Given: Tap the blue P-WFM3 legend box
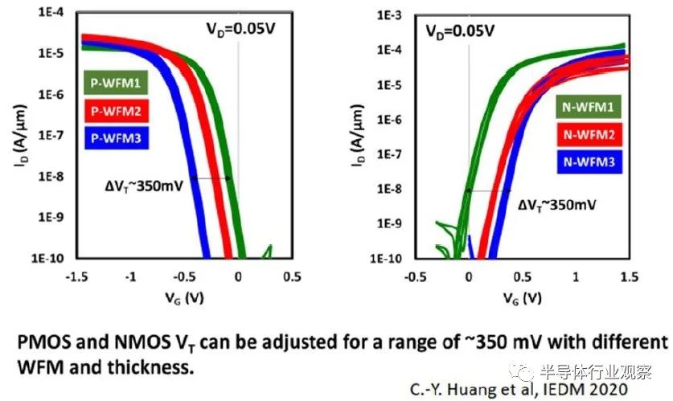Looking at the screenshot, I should click(x=116, y=138).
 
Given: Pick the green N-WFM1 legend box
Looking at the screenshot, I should click(x=588, y=106).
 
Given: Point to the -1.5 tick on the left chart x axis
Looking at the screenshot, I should click(x=77, y=276).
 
